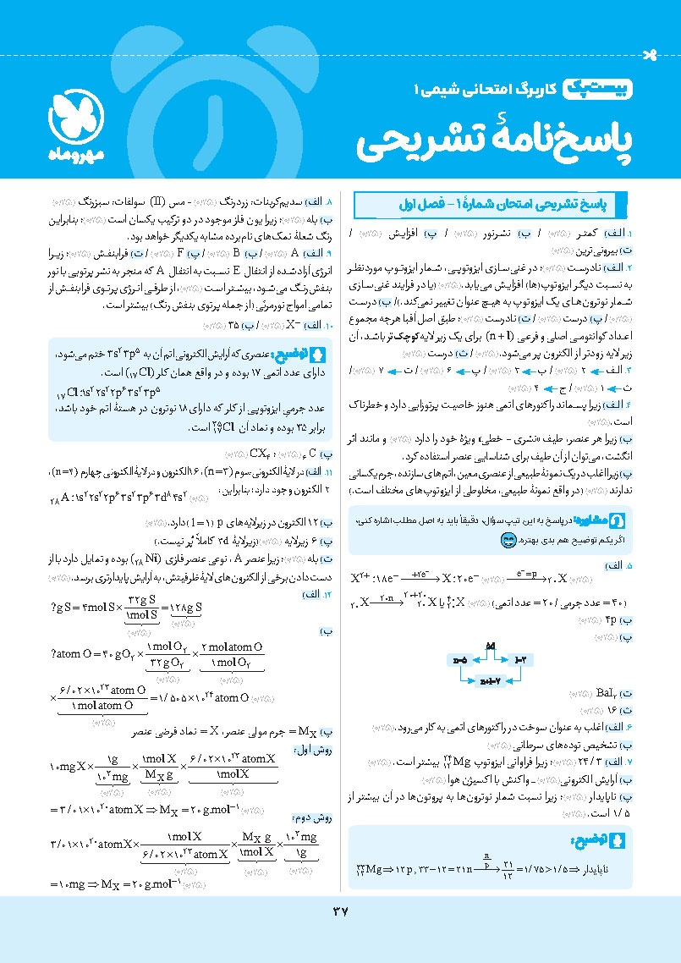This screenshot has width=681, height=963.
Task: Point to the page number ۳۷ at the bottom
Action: pos(340,911)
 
